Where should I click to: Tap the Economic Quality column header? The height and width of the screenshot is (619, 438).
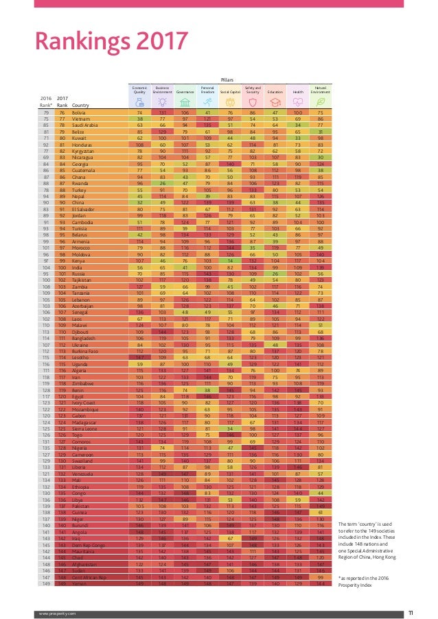pos(139,89)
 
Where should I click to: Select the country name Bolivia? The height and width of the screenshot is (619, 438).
pos(80,112)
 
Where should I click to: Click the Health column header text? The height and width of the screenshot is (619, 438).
pos(298,89)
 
